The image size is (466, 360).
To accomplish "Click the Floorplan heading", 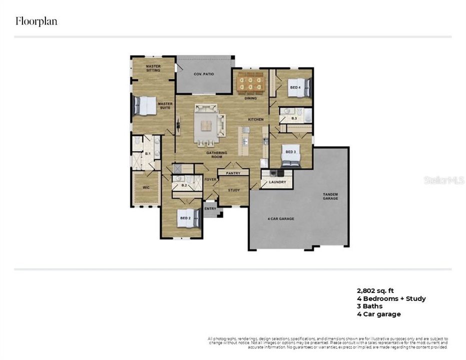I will [36, 21].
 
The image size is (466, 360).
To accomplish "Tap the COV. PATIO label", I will [204, 74].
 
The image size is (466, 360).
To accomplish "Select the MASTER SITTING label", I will [153, 68].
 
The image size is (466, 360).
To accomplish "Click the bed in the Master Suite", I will [145, 105].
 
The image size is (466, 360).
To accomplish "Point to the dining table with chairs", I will [250, 82].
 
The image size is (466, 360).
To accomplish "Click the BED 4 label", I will [295, 87].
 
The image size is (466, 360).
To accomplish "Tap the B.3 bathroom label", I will [294, 118].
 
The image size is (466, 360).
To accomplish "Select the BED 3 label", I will [291, 151].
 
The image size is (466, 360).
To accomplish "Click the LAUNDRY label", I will [277, 182].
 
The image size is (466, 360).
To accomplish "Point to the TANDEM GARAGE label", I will [330, 196].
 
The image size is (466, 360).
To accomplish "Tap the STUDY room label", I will [234, 190].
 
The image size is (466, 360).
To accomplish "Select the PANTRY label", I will [233, 173].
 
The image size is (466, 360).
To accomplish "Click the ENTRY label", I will [211, 209].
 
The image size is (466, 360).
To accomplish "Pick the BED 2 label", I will [185, 218].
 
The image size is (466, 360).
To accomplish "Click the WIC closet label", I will [146, 188].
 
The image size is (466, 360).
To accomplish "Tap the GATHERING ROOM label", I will [217, 154].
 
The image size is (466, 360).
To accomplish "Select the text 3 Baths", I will [369, 306].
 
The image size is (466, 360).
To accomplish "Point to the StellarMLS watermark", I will [444, 179].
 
